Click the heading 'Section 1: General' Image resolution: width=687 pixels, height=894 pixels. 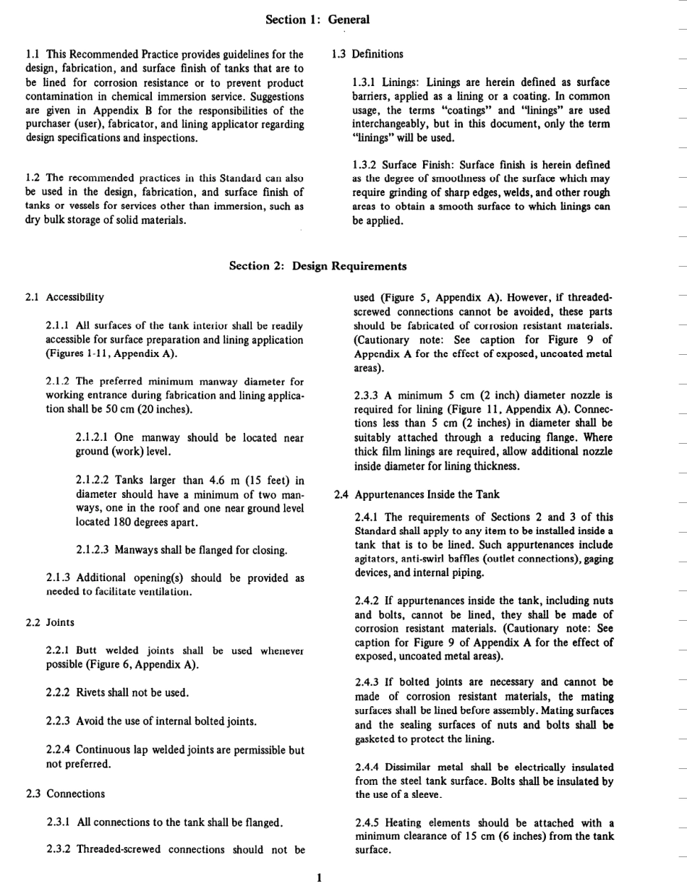pos(317,20)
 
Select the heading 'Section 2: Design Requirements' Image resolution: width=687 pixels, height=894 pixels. pos(317,266)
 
